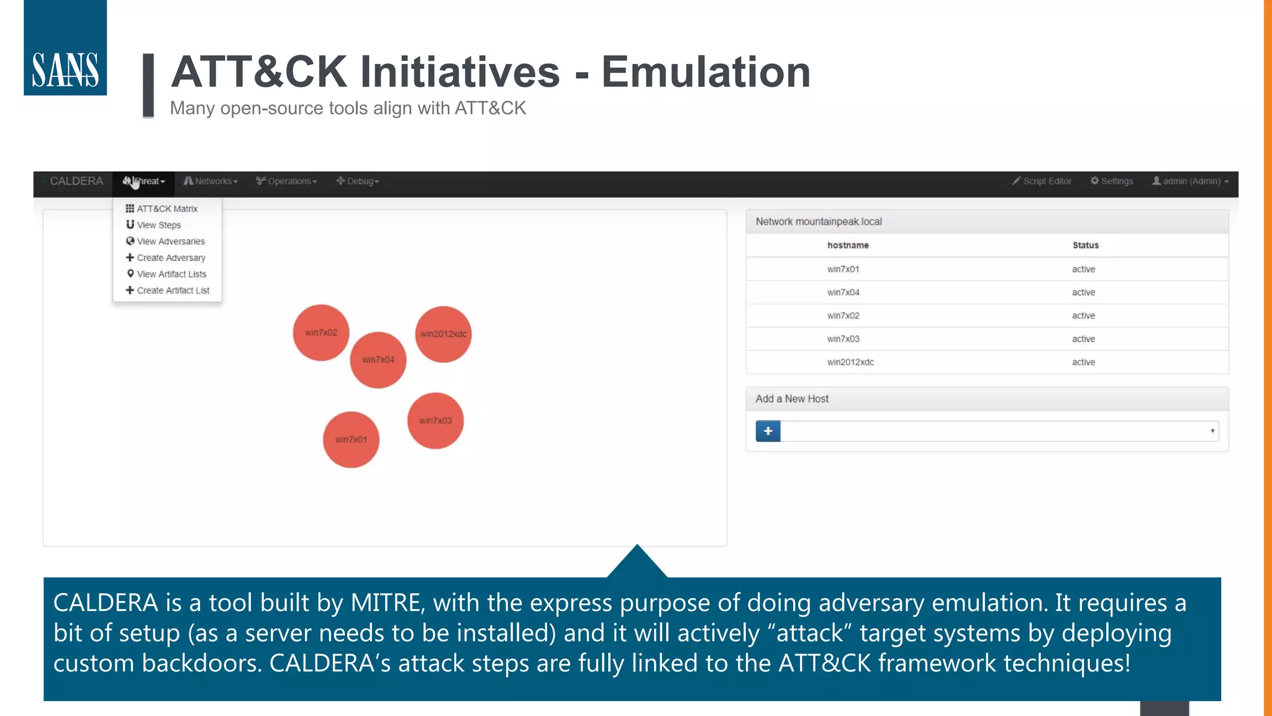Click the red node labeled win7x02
click(321, 333)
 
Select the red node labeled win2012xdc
click(443, 334)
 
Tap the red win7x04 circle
click(378, 360)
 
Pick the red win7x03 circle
click(435, 421)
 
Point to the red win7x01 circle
click(351, 439)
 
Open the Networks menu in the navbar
click(211, 181)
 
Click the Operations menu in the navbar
click(287, 181)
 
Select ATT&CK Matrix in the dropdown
click(166, 209)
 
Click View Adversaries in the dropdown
click(170, 241)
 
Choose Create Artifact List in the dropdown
click(173, 290)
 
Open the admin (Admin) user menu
click(1191, 181)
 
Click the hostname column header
click(848, 246)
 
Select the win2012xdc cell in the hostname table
click(850, 362)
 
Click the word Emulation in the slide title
click(706, 72)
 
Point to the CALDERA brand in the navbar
click(76, 181)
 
